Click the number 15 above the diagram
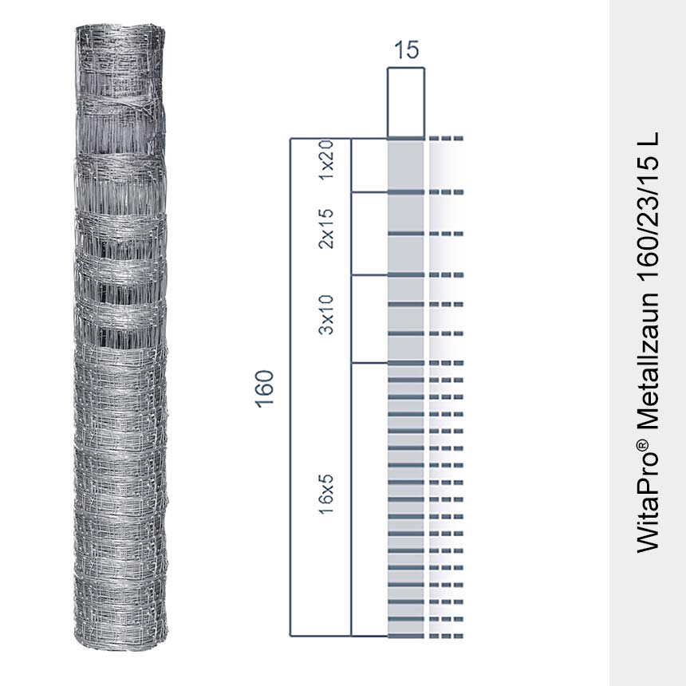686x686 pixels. (406, 50)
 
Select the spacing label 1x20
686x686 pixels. (325, 162)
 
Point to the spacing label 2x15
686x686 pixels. (325, 229)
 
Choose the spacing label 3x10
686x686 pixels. (325, 314)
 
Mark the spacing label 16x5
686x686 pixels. (325, 494)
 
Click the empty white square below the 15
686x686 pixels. (405, 102)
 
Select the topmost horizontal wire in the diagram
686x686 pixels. (405, 139)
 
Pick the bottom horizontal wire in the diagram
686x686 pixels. (405, 637)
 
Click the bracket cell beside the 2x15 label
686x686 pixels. (369, 233)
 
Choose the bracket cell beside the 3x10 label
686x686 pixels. (369, 318)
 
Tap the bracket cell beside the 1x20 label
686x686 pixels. (369, 165)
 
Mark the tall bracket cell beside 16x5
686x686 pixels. (369, 499)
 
